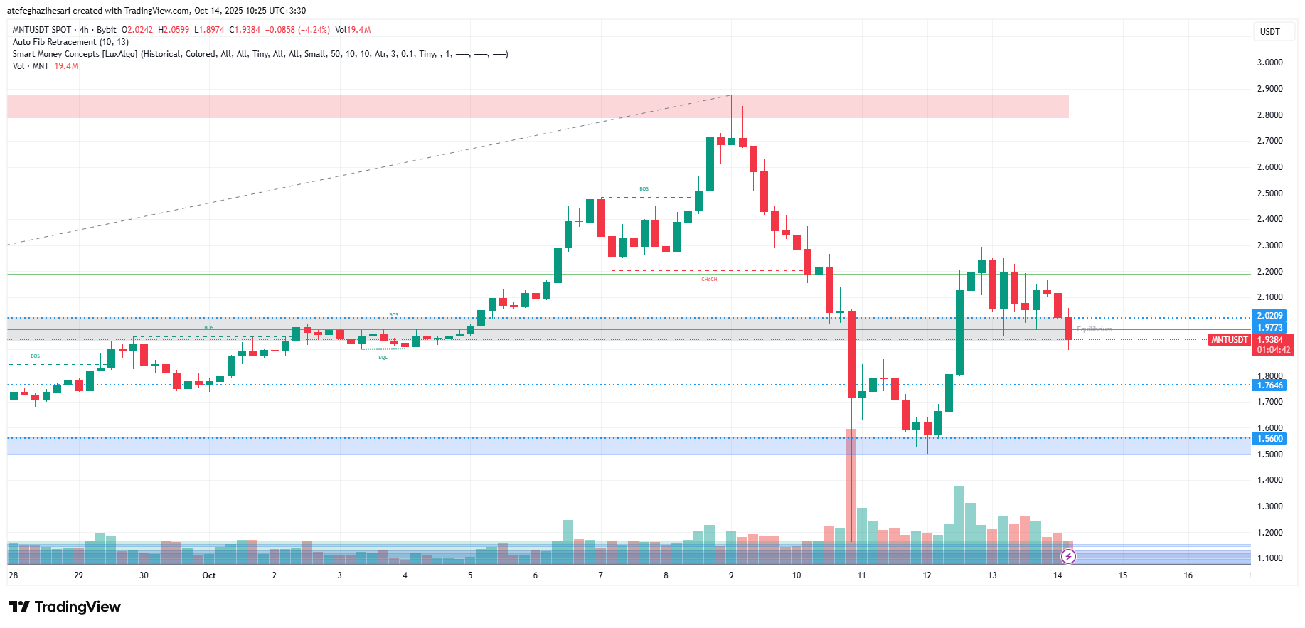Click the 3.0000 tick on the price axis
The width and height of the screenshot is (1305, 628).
[1269, 63]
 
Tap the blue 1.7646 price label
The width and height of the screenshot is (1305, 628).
[1269, 385]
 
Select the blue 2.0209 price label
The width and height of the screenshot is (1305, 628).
[1269, 316]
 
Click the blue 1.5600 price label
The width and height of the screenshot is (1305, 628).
[1269, 439]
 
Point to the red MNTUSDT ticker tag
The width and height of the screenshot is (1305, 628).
[1230, 340]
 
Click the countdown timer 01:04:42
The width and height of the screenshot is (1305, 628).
[1273, 350]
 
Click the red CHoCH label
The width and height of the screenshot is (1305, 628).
[709, 280]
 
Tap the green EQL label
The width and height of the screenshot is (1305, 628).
[383, 358]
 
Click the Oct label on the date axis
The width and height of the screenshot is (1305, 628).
[209, 575]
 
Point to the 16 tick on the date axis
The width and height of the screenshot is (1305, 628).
[1188, 575]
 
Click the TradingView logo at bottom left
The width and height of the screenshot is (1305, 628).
[65, 607]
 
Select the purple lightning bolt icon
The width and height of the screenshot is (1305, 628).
[1068, 556]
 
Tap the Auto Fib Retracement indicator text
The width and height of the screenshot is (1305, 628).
[70, 42]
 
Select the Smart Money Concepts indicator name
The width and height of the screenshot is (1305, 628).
[75, 54]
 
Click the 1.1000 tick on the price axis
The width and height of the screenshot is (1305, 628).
[1269, 558]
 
